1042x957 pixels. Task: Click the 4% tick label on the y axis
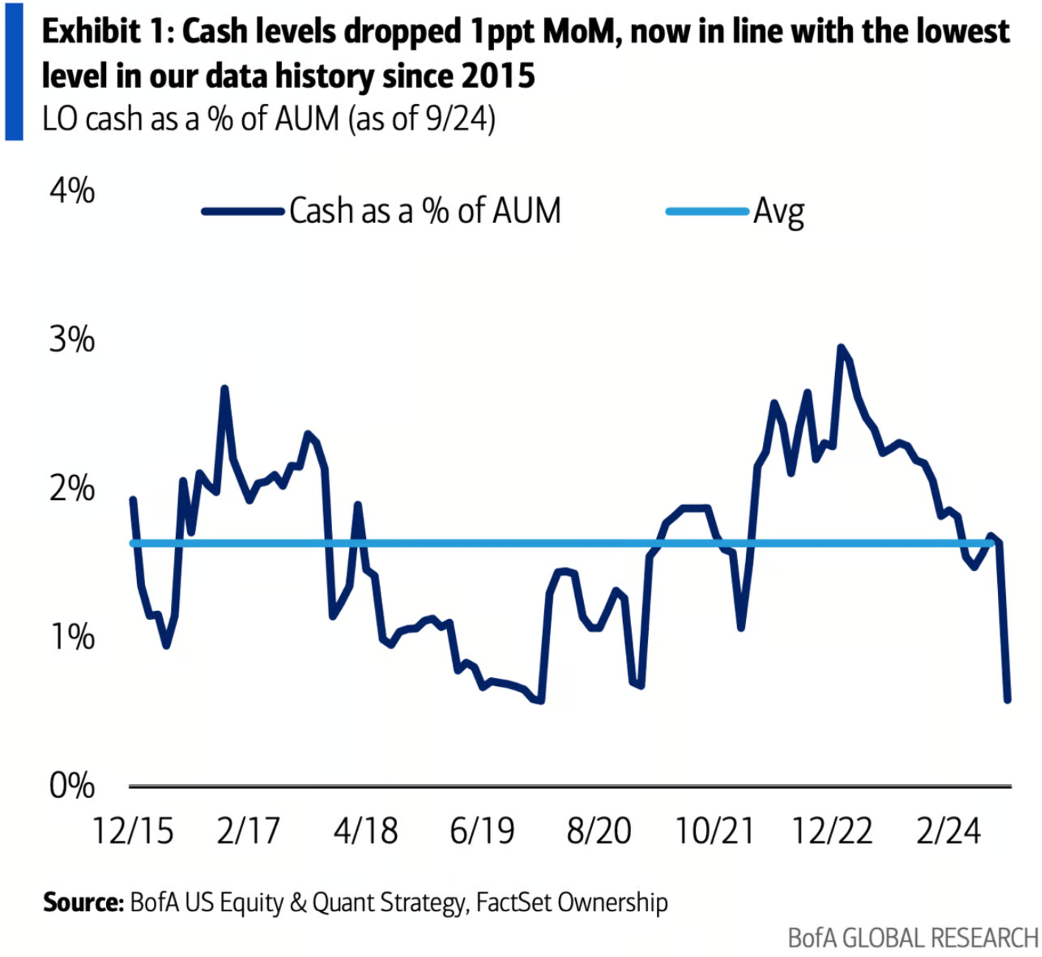[x=72, y=191]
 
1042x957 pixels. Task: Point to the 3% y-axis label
[x=72, y=340]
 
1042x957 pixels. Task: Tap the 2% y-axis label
[x=72, y=489]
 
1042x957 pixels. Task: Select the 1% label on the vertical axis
[x=72, y=637]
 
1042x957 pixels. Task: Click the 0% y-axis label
[x=72, y=786]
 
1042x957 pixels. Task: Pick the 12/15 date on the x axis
[x=133, y=831]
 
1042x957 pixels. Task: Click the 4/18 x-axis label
[x=365, y=831]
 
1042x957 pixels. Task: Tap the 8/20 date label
[x=599, y=831]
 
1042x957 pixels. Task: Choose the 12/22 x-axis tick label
[x=831, y=831]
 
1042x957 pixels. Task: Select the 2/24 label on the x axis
[x=948, y=831]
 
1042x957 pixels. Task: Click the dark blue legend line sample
[x=243, y=212]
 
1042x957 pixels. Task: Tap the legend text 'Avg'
[x=778, y=212]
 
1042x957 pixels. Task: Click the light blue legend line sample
[x=707, y=212]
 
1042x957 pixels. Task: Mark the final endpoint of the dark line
[x=1007, y=699]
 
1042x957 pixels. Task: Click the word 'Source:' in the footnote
[x=83, y=903]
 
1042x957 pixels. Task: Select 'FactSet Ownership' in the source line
[x=572, y=903]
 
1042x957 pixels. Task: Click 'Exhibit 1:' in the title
[x=108, y=32]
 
